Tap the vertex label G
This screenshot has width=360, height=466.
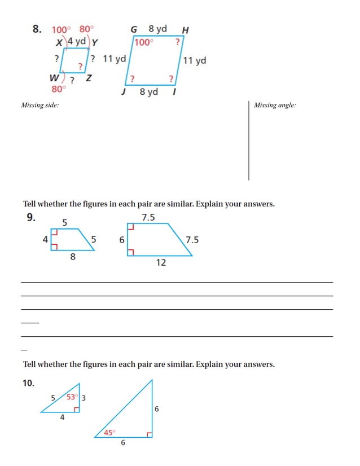click(134, 29)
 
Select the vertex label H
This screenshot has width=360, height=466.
click(186, 30)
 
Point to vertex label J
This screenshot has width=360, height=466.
click(123, 91)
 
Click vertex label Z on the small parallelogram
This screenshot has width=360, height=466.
click(89, 78)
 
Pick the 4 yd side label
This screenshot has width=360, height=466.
click(76, 42)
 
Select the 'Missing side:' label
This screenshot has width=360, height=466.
click(39, 105)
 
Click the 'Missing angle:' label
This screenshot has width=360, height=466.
click(275, 105)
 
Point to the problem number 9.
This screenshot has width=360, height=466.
click(32, 217)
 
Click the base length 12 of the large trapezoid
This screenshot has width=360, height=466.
click(161, 262)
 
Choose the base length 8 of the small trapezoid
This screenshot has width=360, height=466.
click(73, 257)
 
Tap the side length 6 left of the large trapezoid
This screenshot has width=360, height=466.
click(121, 240)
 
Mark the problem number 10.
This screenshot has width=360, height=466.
click(28, 383)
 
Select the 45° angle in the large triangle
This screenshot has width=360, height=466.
click(109, 433)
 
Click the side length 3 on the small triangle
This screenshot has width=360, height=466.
click(84, 398)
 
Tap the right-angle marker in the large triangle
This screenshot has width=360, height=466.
click(150, 434)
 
